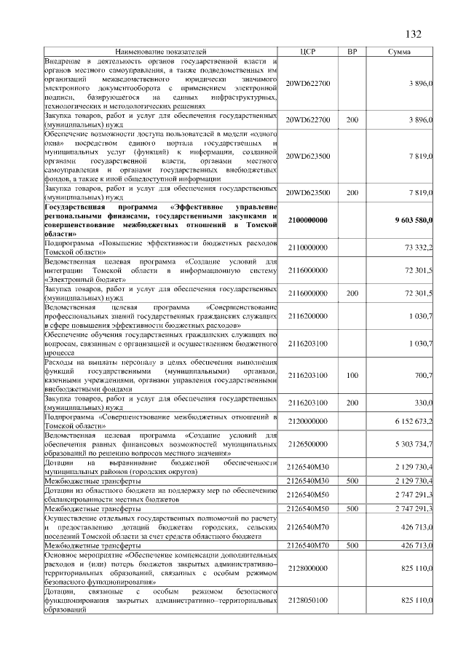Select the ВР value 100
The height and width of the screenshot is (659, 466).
coord(352,375)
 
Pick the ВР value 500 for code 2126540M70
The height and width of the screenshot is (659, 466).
coord(352,544)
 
